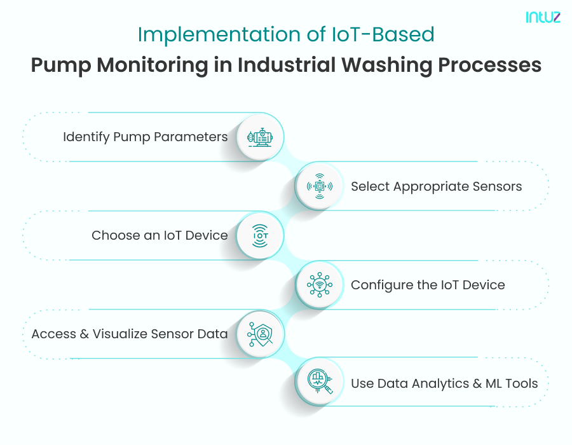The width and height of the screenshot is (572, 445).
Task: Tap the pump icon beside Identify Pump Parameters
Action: pos(260,137)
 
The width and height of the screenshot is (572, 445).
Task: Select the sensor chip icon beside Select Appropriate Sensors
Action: pos(319,186)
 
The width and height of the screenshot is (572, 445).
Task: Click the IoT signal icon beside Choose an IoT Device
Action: pos(260,236)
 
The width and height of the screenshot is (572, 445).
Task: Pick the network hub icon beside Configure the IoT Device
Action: pos(319,285)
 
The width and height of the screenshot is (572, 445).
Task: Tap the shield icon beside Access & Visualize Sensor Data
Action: pos(260,334)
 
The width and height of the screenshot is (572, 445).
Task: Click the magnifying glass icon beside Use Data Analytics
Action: pos(320,383)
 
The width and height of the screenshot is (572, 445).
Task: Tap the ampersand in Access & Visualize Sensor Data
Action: pos(84,334)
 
